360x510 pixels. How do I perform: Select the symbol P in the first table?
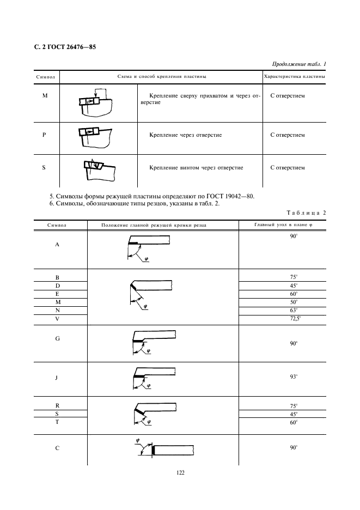[44, 135]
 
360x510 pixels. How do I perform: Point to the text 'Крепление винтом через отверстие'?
[196, 168]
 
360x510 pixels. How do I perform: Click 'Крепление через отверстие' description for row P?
[185, 135]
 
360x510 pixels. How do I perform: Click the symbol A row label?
[57, 245]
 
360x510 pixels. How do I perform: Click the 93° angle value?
[294, 377]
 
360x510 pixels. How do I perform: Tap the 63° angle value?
[294, 309]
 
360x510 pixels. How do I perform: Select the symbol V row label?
[57, 318]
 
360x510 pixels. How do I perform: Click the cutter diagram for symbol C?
[163, 449]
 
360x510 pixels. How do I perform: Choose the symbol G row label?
[57, 338]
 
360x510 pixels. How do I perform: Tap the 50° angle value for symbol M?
[294, 301]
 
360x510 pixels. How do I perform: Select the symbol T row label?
[57, 422]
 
